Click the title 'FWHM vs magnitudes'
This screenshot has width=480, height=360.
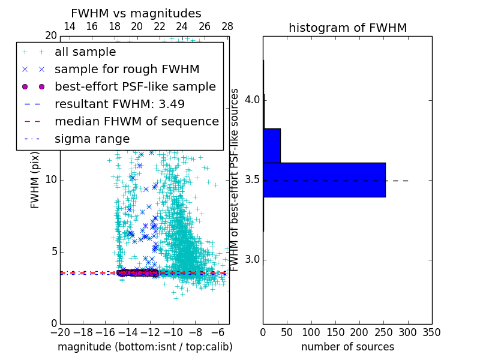[x=136, y=14]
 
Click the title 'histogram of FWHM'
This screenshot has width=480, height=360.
[x=347, y=28]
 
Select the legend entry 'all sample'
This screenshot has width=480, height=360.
[x=85, y=52]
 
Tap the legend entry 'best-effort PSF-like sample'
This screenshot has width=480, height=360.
[x=135, y=87]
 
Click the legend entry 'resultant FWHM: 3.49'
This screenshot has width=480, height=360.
[x=119, y=104]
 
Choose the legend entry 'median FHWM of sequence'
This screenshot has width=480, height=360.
[x=136, y=122]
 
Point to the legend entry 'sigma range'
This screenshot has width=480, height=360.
[x=92, y=139]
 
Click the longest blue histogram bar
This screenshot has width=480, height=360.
[x=324, y=179]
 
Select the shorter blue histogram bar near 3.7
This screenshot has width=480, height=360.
[x=272, y=145]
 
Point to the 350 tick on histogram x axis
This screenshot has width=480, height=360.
[x=431, y=332]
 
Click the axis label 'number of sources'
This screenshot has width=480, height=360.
[x=347, y=347]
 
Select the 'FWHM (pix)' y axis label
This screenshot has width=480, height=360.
[x=35, y=179]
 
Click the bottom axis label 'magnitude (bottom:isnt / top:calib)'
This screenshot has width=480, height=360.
[x=145, y=347]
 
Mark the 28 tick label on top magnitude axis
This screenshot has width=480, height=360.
[x=227, y=26]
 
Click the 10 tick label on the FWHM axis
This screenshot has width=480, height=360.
[x=51, y=180]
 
